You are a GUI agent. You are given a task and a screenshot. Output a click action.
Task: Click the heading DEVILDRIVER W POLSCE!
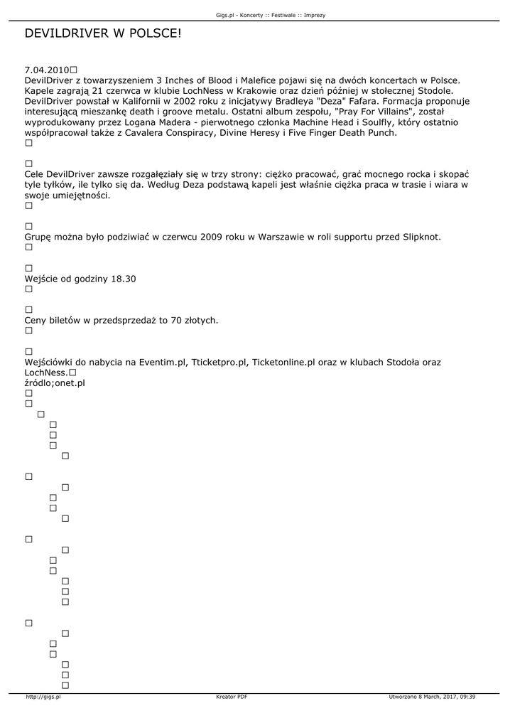103,33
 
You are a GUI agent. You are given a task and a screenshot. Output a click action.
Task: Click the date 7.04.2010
46,70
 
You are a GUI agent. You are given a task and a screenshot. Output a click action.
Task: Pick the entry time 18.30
123,279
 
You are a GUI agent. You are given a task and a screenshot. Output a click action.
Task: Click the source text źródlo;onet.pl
55,383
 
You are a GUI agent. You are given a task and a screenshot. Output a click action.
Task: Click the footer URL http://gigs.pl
43,697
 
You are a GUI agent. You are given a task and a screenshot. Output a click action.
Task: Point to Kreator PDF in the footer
232,697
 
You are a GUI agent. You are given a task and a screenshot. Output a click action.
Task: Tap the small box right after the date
74,70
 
